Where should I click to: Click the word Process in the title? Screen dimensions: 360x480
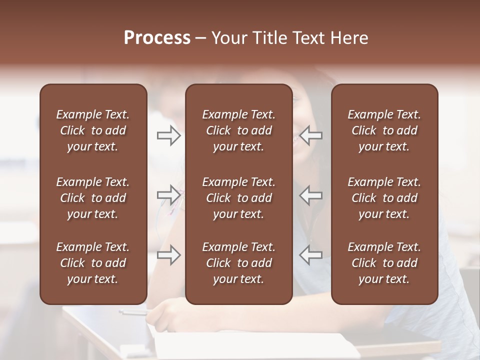[157, 38]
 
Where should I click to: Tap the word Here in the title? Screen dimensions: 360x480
[349, 38]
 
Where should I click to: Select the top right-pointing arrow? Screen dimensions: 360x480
[169, 135]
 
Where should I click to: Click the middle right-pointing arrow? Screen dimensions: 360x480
[169, 194]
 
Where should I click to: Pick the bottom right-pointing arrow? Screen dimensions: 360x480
[169, 255]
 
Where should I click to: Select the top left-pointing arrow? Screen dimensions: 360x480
[310, 135]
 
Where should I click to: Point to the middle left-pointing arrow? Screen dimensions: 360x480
[310, 194]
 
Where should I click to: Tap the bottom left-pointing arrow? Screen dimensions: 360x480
[310, 255]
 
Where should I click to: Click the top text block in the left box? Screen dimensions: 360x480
[93, 130]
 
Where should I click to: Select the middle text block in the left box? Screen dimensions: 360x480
[93, 198]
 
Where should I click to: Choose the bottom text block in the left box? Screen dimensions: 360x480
[93, 263]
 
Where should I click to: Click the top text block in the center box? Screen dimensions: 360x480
[239, 130]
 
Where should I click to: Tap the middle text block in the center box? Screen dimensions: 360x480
[239, 198]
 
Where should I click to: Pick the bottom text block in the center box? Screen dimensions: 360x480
[239, 263]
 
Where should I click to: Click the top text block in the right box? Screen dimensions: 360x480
[384, 130]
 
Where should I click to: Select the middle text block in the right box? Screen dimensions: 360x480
[384, 198]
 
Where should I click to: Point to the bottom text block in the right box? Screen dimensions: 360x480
[384, 263]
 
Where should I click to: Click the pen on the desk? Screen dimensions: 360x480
[133, 312]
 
